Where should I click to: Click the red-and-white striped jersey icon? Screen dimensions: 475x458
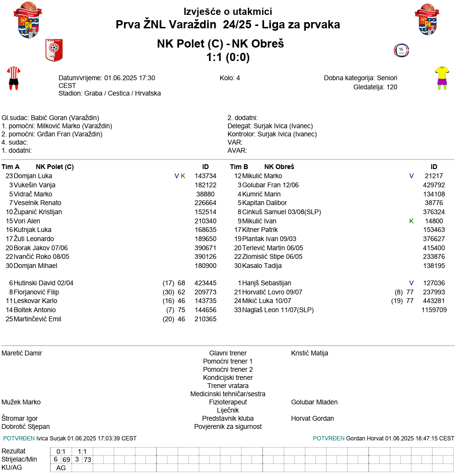pyautogui.click(x=13, y=78)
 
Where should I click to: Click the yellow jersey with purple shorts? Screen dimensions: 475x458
pyautogui.click(x=442, y=78)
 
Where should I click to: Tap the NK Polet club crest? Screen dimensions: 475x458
pyautogui.click(x=54, y=50)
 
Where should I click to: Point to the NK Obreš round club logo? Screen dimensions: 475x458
pyautogui.click(x=401, y=50)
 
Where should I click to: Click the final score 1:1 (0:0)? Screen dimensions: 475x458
pyautogui.click(x=228, y=57)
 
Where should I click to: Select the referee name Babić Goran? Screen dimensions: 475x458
pyautogui.click(x=49, y=118)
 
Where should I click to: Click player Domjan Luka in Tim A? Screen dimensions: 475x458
pyautogui.click(x=33, y=176)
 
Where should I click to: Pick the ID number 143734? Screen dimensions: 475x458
pyautogui.click(x=205, y=176)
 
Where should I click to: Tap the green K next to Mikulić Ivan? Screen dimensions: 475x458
pyautogui.click(x=411, y=221)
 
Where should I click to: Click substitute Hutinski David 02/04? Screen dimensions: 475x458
pyautogui.click(x=44, y=283)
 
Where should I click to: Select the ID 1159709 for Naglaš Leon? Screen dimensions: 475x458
pyautogui.click(x=434, y=310)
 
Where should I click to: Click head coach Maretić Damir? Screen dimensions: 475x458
pyautogui.click(x=22, y=353)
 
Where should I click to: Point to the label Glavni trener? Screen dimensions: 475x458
pyautogui.click(x=228, y=353)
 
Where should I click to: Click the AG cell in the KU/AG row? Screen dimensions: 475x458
pyautogui.click(x=61, y=468)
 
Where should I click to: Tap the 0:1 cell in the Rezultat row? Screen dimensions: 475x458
pyautogui.click(x=61, y=451)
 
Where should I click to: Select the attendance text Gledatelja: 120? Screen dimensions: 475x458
pyautogui.click(x=375, y=87)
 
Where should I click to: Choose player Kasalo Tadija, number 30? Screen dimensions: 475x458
pyautogui.click(x=262, y=266)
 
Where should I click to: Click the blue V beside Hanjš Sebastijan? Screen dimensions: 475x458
pyautogui.click(x=411, y=283)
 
